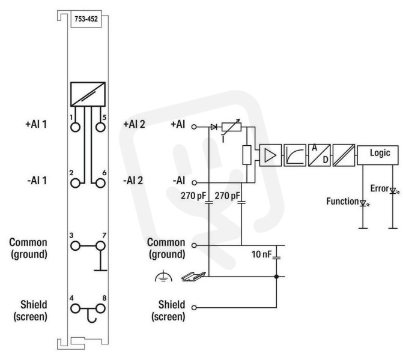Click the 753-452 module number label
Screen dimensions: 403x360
[86, 19]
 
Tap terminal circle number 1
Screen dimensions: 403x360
[75, 127]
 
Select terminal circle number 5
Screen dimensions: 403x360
[100, 127]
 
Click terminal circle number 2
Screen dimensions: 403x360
[75, 184]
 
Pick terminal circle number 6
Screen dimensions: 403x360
[100, 184]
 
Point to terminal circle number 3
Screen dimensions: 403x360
[75, 246]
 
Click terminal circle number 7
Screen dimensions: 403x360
[100, 246]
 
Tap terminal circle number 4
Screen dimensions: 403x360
[75, 308]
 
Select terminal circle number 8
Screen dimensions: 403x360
[100, 308]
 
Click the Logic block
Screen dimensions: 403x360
[378, 155]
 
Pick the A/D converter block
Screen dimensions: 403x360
[319, 155]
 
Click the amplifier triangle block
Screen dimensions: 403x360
[270, 155]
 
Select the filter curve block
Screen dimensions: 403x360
[295, 155]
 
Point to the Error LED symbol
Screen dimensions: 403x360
[393, 191]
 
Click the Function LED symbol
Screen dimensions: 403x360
[363, 203]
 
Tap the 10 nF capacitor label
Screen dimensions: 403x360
[261, 254]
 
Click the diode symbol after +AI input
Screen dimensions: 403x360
[214, 127]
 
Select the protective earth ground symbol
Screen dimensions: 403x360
[163, 277]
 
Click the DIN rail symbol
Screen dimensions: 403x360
[194, 276]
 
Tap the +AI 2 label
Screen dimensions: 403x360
[134, 124]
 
